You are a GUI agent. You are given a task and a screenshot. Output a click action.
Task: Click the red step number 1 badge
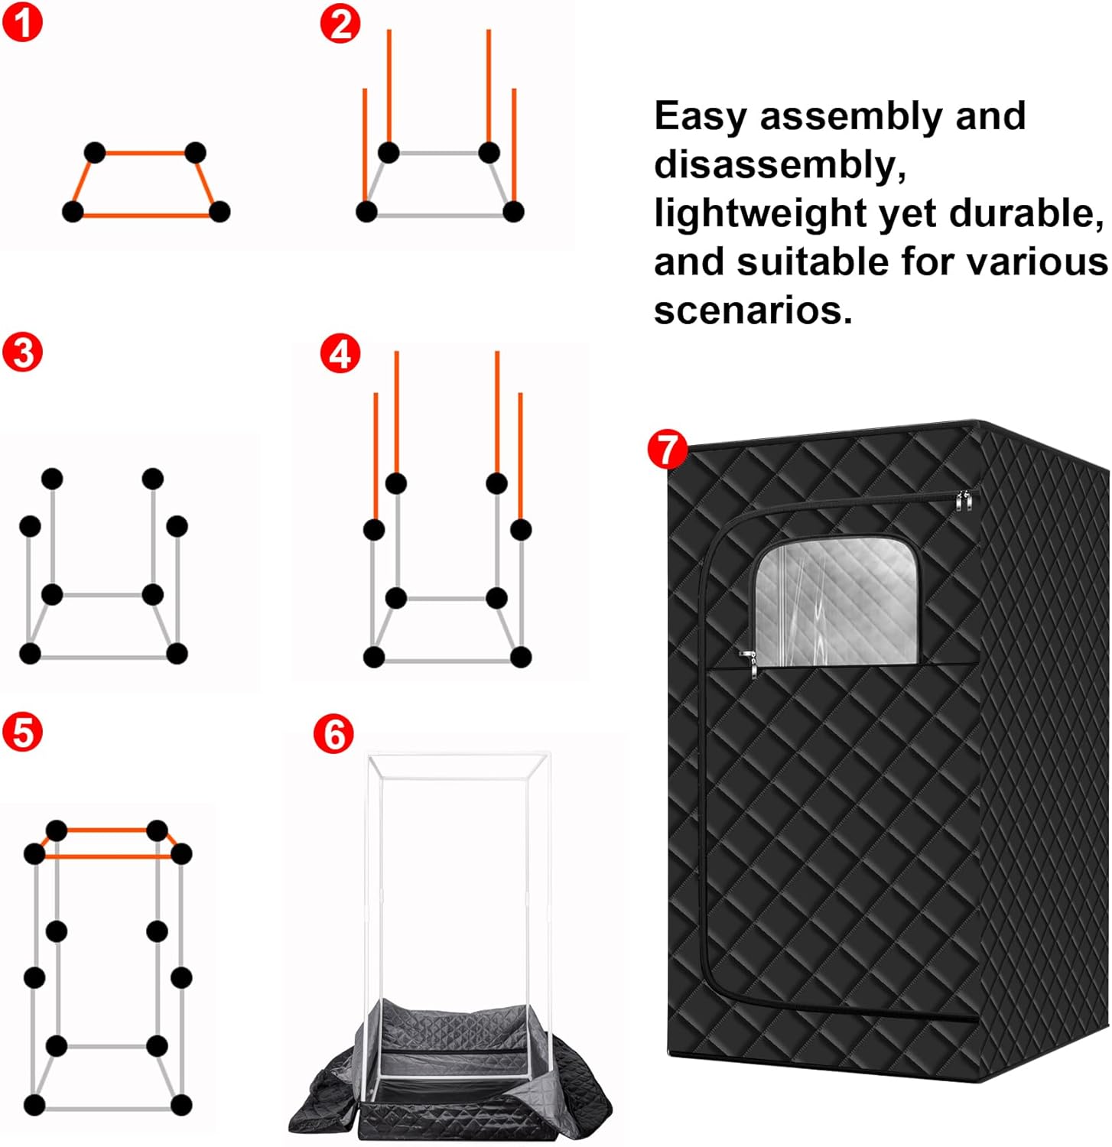click(x=23, y=23)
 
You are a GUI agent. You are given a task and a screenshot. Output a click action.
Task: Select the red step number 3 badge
click(x=23, y=353)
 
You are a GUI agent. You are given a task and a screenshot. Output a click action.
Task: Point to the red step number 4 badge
click(x=340, y=354)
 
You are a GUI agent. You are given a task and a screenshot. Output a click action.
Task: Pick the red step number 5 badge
click(x=23, y=732)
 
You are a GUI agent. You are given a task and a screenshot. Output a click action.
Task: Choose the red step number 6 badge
click(x=334, y=734)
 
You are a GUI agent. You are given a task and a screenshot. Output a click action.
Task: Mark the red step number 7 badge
click(x=668, y=449)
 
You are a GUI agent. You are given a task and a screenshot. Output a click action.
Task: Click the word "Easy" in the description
click(x=701, y=117)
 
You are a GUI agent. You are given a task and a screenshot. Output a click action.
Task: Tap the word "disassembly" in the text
click(x=779, y=165)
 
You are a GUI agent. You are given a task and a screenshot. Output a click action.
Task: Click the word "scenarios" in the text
click(x=752, y=310)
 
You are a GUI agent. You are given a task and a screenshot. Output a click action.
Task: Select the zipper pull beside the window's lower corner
click(x=749, y=661)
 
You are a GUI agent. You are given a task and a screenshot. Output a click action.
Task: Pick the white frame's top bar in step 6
click(x=459, y=758)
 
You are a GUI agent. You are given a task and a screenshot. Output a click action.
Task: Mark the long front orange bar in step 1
click(x=145, y=216)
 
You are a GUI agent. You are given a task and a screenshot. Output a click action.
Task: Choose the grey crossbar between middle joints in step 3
click(x=102, y=595)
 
